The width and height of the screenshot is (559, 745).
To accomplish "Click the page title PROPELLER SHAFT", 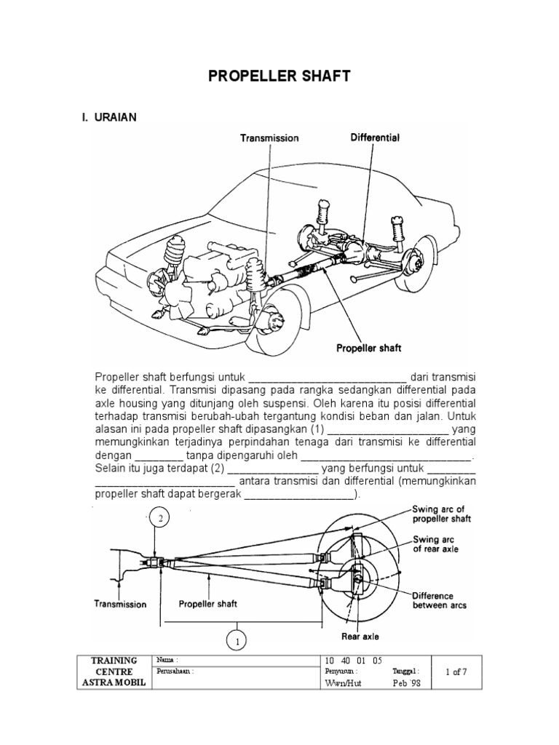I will pyautogui.click(x=279, y=76).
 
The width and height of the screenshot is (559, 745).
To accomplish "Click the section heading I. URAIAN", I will pyautogui.click(x=109, y=117).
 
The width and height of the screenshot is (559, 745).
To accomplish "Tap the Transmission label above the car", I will pyautogui.click(x=269, y=138).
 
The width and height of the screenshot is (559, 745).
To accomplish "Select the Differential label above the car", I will pyautogui.click(x=375, y=137).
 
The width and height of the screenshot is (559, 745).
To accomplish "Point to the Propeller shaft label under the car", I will pyautogui.click(x=368, y=348).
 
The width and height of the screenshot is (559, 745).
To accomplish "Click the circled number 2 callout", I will pyautogui.click(x=161, y=519).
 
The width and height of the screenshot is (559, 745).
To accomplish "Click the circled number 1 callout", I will pyautogui.click(x=237, y=641).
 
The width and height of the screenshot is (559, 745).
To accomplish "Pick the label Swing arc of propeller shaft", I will pyautogui.click(x=442, y=514).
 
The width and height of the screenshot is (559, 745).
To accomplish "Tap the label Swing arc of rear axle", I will pyautogui.click(x=436, y=543).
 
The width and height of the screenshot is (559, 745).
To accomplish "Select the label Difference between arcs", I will pyautogui.click(x=439, y=600).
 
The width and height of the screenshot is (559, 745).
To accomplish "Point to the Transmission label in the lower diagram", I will pyautogui.click(x=120, y=604).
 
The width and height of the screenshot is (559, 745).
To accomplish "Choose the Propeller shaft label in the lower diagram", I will pyautogui.click(x=207, y=604).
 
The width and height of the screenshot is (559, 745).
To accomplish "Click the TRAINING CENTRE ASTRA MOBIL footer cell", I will pyautogui.click(x=114, y=672).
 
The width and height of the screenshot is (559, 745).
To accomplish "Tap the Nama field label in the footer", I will pyautogui.click(x=167, y=660).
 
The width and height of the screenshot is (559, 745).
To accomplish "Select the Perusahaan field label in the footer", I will pyautogui.click(x=176, y=672).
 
